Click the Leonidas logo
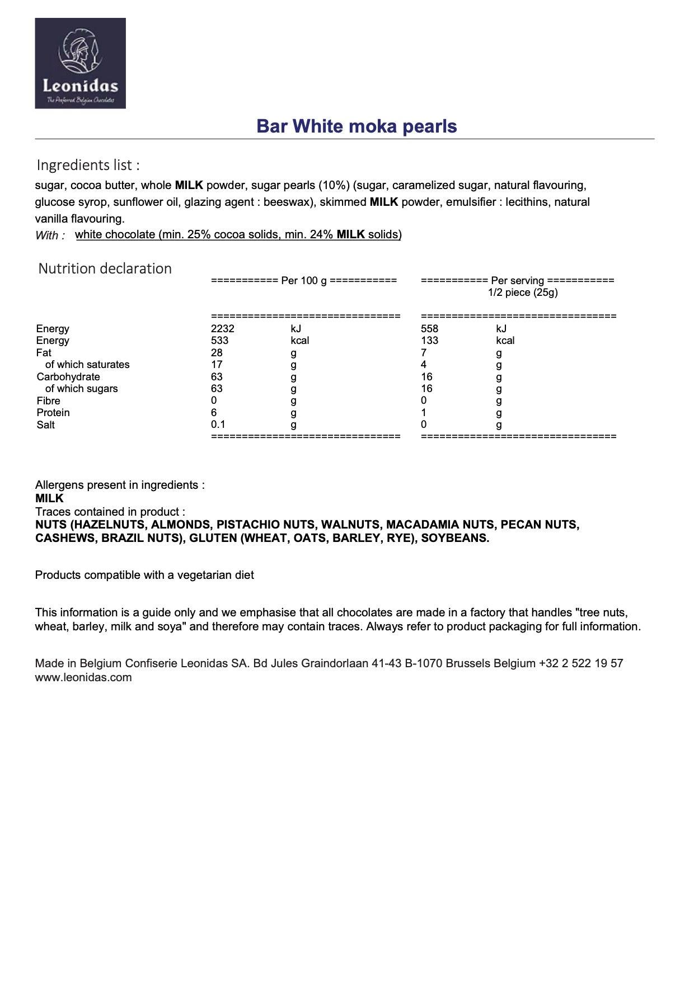click(80, 63)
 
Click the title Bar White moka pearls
click(357, 126)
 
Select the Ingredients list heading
click(88, 165)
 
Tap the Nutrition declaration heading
click(105, 268)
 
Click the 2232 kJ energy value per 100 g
click(222, 329)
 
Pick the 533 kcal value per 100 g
click(219, 341)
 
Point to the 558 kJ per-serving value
click(429, 329)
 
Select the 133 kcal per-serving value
click(429, 341)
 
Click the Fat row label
click(44, 353)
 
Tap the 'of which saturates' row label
click(87, 365)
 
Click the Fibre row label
click(48, 401)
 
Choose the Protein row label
click(53, 413)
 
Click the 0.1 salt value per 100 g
click(218, 425)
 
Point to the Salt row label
click(46, 425)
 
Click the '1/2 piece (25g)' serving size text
click(523, 293)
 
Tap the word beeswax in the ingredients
click(285, 202)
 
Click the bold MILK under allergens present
click(49, 498)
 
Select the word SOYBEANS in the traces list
click(455, 539)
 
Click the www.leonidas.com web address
click(83, 678)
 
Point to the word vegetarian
click(203, 576)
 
